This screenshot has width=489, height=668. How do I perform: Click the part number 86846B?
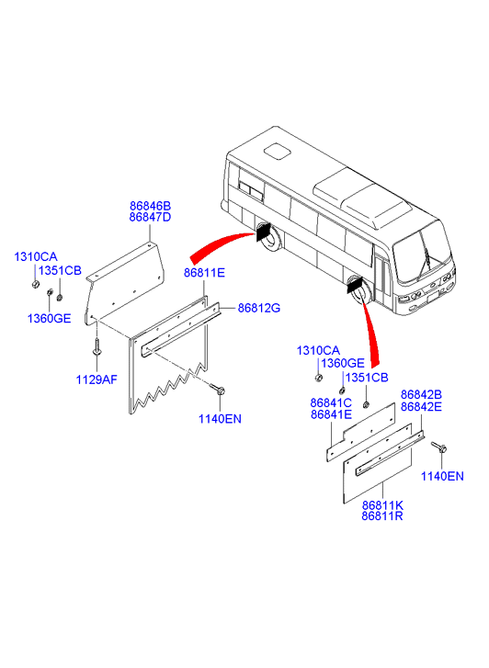[150, 206]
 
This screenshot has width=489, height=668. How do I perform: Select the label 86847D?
[150, 217]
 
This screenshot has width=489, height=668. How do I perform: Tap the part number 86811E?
[204, 273]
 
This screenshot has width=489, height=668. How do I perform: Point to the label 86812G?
[259, 308]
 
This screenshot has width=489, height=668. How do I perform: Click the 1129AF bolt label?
[97, 379]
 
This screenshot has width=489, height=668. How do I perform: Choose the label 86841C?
[331, 403]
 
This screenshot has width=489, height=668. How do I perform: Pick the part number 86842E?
[421, 407]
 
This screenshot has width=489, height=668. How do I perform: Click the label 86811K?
[382, 505]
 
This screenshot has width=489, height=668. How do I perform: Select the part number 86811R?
[382, 516]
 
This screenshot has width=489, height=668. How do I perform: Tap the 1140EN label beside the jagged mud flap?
[220, 419]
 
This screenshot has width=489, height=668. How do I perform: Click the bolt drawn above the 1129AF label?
[97, 345]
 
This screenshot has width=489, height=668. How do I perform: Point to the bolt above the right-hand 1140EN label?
[438, 447]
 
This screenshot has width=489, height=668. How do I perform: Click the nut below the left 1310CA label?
[35, 283]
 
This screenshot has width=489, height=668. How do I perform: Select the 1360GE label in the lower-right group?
[343, 363]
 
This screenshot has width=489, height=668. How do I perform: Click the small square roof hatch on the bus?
[277, 152]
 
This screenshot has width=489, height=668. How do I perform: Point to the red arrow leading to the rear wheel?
[222, 246]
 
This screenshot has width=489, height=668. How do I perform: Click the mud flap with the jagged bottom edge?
[168, 355]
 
